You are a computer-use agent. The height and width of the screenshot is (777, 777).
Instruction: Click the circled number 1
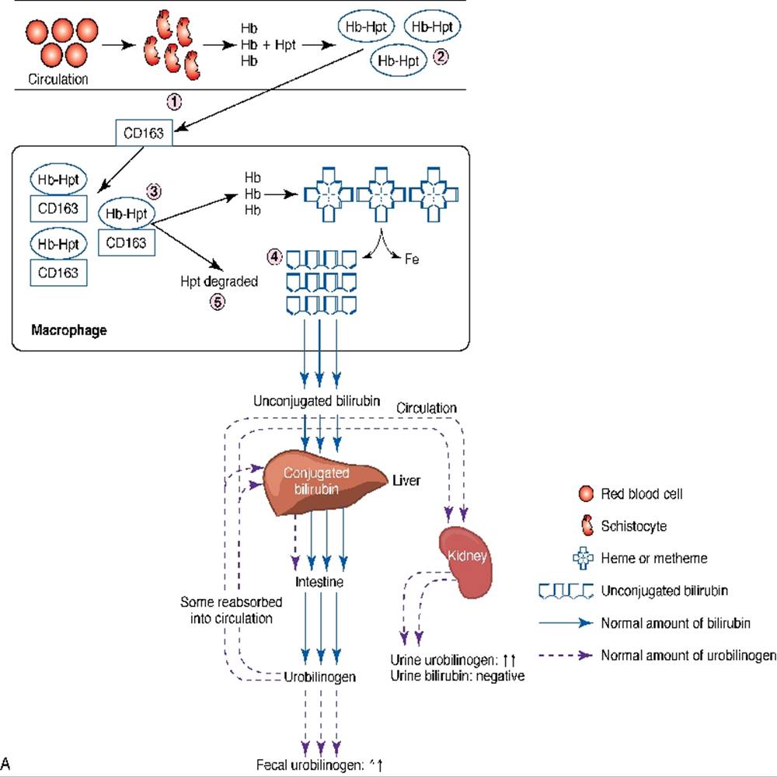click(175, 101)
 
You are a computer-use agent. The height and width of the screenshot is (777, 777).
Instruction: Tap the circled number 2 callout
click(441, 57)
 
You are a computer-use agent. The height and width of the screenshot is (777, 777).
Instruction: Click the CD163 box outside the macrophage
click(144, 133)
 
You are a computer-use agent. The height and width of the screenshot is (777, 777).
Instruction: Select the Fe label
click(412, 260)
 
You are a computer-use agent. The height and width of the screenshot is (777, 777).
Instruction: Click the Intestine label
click(319, 581)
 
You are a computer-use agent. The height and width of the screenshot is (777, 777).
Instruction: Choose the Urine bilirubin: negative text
click(458, 676)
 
